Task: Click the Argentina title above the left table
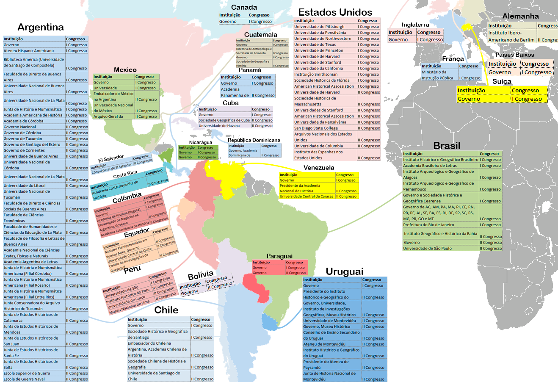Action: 41,28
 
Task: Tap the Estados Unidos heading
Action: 335,12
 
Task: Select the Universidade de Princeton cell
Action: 319,50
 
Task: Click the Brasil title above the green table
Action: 447,146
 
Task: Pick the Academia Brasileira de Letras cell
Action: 430,166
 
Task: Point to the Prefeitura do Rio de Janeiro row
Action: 428,225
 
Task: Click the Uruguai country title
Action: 344,271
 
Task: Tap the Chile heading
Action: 166,310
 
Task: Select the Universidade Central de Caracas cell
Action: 307,197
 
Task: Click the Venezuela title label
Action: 319,168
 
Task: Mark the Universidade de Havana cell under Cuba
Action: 219,126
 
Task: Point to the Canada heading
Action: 244,7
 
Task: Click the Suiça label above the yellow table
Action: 502,81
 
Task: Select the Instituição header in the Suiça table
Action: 471,90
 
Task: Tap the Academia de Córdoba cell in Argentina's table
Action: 24,121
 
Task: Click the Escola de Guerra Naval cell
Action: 24,379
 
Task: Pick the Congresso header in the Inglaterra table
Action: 429,32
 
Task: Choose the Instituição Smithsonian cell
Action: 317,74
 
